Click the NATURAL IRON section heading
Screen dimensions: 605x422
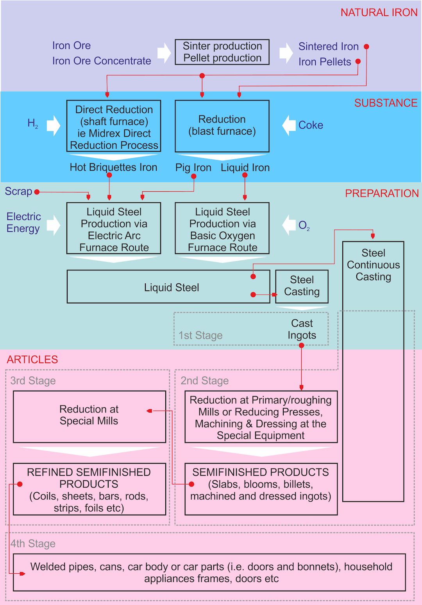point(379,13)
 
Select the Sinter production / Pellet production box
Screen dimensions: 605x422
point(222,52)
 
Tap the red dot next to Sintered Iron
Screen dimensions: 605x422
point(366,47)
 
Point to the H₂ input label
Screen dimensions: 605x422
point(33,124)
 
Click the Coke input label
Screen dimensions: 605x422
point(311,125)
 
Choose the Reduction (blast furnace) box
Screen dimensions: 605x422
point(222,126)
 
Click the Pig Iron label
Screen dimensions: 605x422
point(193,168)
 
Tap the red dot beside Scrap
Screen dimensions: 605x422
point(37,192)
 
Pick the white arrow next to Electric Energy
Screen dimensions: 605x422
point(54,225)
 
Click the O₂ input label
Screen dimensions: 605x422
point(304,225)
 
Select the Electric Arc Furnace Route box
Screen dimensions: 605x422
point(114,229)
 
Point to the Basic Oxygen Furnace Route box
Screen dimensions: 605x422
point(222,229)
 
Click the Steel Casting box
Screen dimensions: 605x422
point(302,286)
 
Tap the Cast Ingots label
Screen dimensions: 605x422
point(302,329)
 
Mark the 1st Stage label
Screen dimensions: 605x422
point(200,335)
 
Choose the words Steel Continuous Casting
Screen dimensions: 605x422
point(373,265)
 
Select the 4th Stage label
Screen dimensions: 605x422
point(33,544)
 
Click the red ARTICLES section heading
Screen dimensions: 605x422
point(32,360)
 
